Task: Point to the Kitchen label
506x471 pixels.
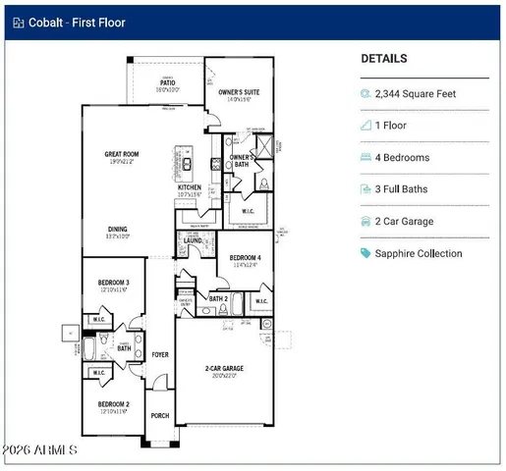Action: click(190, 187)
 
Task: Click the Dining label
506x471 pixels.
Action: click(117, 230)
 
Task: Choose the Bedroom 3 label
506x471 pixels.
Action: click(113, 283)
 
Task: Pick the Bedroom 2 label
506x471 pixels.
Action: click(113, 404)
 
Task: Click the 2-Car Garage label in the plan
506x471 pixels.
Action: click(224, 369)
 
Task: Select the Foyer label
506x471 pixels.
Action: click(160, 355)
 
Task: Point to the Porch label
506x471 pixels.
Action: click(159, 416)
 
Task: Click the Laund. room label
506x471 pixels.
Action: click(193, 239)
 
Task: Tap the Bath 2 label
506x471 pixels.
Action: click(218, 298)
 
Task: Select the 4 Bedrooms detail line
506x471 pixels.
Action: click(402, 157)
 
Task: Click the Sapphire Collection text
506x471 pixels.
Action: click(419, 253)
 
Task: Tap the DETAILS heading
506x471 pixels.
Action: click(384, 59)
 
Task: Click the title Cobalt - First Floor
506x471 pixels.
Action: click(77, 22)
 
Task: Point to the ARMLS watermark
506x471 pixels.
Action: click(41, 449)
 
